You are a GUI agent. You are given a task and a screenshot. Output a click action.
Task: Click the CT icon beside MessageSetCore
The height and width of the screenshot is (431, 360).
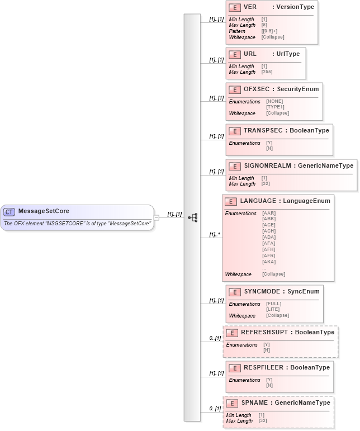tap(10, 211)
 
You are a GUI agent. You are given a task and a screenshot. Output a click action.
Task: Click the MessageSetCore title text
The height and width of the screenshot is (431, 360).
tap(44, 211)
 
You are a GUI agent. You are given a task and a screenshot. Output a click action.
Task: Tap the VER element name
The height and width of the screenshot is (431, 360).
tap(250, 7)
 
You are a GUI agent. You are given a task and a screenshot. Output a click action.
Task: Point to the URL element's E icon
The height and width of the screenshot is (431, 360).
tap(235, 54)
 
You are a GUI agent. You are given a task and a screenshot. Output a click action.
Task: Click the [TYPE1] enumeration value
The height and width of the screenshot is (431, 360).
tap(275, 107)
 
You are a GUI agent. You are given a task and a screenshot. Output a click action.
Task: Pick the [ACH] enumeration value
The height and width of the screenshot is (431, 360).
tap(269, 231)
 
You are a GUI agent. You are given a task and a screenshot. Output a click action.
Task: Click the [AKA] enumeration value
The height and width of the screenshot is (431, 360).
tap(269, 261)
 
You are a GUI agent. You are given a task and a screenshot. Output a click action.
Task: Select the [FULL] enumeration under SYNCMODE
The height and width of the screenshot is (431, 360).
tap(273, 304)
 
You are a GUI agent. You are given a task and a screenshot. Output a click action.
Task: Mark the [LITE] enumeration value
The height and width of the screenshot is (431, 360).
tap(273, 309)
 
